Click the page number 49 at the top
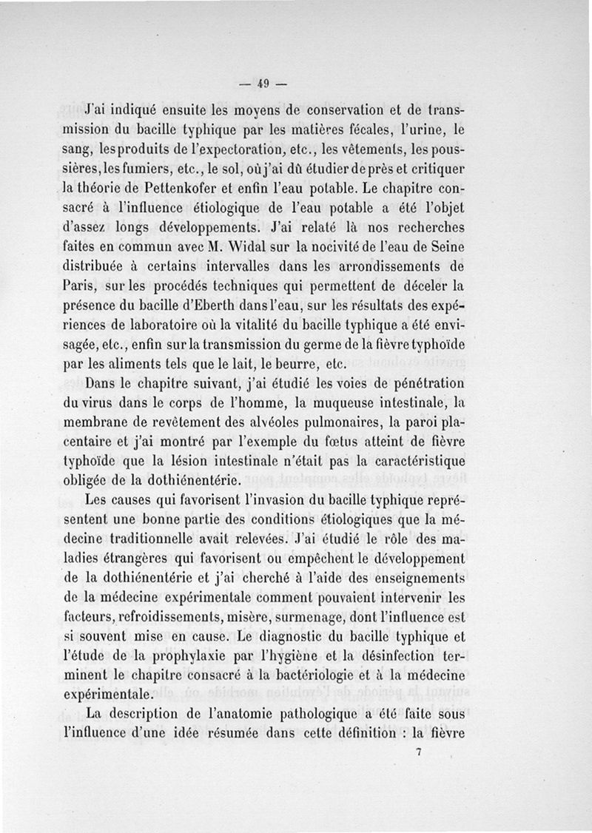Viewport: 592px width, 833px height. (263, 82)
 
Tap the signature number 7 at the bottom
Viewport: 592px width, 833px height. (419, 752)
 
